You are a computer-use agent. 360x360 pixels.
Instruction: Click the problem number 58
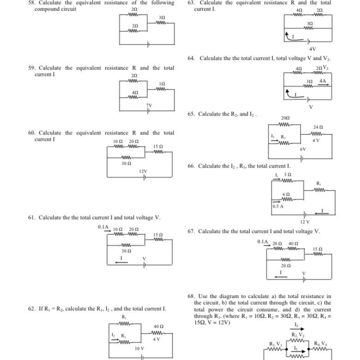click(31, 3)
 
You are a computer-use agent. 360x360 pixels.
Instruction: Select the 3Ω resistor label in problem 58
click(162, 17)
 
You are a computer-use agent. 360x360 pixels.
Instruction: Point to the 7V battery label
click(149, 105)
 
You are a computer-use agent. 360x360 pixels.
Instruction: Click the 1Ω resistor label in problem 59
click(162, 84)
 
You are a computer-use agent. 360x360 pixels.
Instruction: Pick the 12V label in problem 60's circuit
click(143, 171)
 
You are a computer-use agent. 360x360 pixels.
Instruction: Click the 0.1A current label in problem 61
click(103, 227)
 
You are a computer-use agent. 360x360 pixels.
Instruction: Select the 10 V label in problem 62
click(139, 348)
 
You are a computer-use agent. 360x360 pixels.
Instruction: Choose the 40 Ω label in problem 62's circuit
click(159, 327)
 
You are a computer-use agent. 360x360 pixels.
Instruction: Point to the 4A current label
click(323, 81)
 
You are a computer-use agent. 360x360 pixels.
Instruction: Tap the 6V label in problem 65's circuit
click(303, 150)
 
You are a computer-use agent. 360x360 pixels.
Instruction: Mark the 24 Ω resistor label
click(318, 127)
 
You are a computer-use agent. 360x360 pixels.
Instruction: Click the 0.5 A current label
click(278, 207)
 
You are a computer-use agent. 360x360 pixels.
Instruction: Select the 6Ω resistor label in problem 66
click(286, 195)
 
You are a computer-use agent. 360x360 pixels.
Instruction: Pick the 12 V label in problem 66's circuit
click(305, 222)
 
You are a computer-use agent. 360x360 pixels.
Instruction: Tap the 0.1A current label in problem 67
click(262, 242)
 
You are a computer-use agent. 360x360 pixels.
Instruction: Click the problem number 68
click(191, 296)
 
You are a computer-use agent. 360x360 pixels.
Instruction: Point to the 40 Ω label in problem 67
click(293, 244)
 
